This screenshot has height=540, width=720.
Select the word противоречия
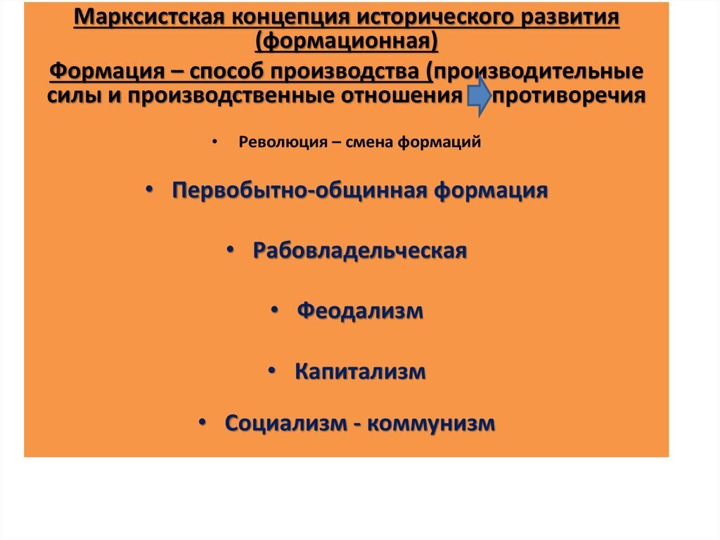tap(569, 96)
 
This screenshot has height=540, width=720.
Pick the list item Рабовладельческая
tap(360, 251)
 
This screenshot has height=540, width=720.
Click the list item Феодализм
tap(360, 310)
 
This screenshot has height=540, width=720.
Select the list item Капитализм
tap(360, 371)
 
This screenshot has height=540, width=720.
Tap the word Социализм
tap(285, 423)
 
